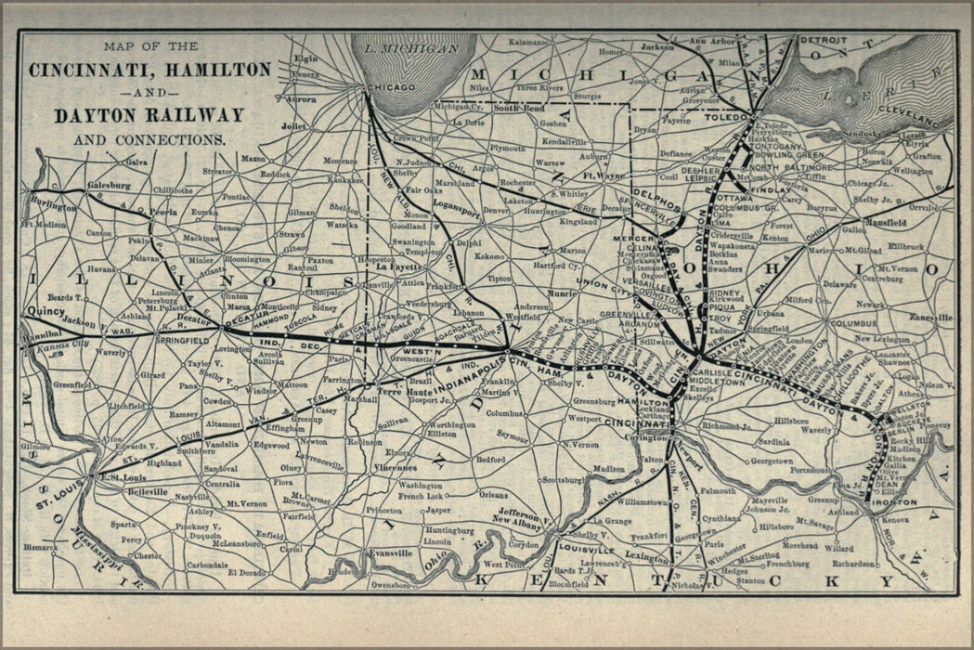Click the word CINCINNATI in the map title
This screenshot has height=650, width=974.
point(84,71)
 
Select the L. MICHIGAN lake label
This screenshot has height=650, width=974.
point(412,48)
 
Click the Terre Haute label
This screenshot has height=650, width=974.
point(401,392)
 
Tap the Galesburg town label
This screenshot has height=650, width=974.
point(108,186)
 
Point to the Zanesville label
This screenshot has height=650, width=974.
point(930,317)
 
